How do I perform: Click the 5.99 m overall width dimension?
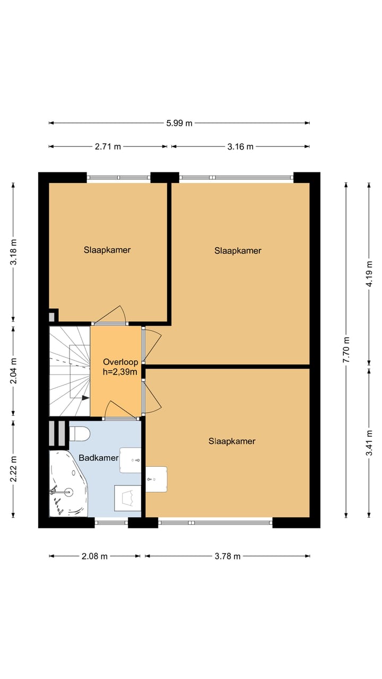pyautogui.click(x=179, y=123)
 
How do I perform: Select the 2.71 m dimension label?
pyautogui.click(x=108, y=146)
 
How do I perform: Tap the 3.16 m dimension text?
pyautogui.click(x=240, y=146)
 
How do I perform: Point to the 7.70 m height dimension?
pyautogui.click(x=346, y=350)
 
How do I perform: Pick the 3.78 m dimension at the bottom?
pyautogui.click(x=227, y=556)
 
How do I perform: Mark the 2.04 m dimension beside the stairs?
pyautogui.click(x=14, y=370)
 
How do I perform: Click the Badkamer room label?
pyautogui.click(x=98, y=458)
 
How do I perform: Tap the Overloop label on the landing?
pyautogui.click(x=120, y=362)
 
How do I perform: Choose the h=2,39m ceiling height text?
pyautogui.click(x=120, y=372)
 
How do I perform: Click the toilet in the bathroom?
pyautogui.click(x=80, y=433)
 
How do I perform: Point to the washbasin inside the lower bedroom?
pyautogui.click(x=156, y=478)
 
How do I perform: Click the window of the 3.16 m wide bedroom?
pyautogui.click(x=236, y=177)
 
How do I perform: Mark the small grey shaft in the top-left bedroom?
pyautogui.click(x=51, y=317)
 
